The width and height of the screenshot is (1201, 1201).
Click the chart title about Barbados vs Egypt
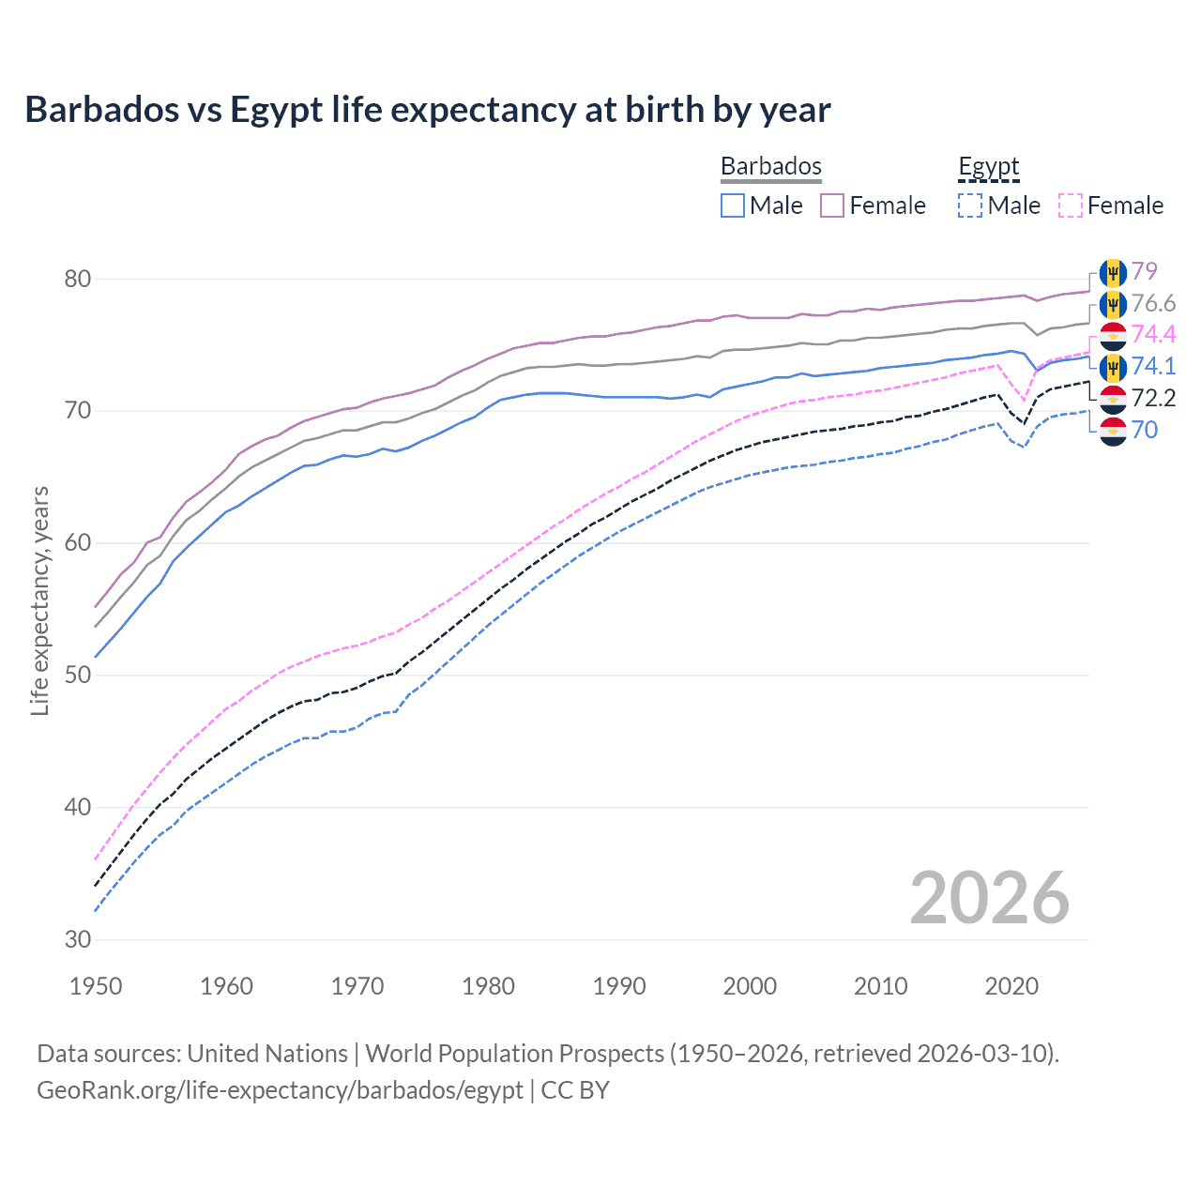[428, 110]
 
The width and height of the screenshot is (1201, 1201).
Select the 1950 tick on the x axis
[96, 986]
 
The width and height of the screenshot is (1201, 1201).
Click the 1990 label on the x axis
[619, 986]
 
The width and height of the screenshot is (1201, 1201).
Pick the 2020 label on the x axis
[1011, 986]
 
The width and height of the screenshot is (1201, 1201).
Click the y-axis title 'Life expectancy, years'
[39, 600]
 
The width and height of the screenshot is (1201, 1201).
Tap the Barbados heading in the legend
[770, 166]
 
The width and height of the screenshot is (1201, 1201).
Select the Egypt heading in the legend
[988, 166]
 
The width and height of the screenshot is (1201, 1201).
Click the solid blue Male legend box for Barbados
[733, 205]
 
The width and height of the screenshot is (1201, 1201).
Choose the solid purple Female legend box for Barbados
[832, 205]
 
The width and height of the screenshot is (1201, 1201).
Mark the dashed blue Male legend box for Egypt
[970, 205]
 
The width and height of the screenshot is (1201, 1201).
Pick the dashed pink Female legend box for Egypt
[1071, 205]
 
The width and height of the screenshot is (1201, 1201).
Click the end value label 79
[1144, 271]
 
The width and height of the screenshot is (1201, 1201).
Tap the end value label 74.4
[1153, 334]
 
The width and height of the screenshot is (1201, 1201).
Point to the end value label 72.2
[1153, 398]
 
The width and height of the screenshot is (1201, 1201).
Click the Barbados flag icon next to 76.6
[1113, 304]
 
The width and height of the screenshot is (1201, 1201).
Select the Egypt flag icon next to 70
[1113, 431]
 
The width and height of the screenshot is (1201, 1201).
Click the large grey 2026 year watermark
[989, 898]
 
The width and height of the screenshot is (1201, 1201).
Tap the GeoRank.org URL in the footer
[280, 1090]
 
